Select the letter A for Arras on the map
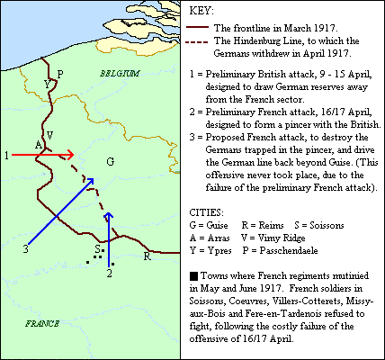tap(37, 145)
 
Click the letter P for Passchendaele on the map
tap(59, 74)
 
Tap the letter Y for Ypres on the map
tap(46, 84)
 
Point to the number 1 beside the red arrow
tap(7, 155)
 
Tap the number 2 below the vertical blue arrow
tap(109, 271)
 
